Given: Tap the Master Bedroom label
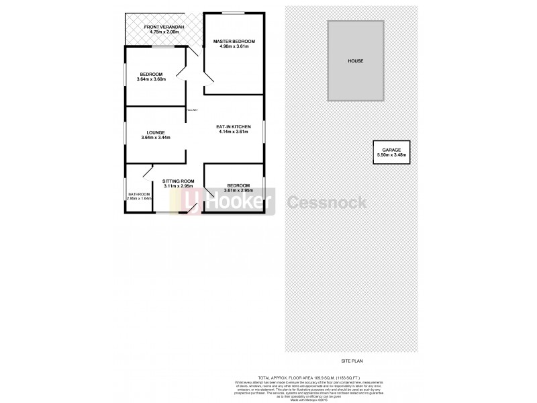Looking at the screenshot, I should click(234, 42).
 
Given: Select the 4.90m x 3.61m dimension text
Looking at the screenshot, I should click(234, 47).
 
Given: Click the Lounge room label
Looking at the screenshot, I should click(156, 132).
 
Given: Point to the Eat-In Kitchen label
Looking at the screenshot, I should click(234, 126).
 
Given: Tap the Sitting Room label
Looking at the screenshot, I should click(179, 181).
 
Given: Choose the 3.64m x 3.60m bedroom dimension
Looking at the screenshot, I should click(151, 79).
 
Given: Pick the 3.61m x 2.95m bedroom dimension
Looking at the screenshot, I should click(238, 190).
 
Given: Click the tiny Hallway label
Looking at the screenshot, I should click(193, 109).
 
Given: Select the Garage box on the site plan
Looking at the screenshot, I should click(391, 152).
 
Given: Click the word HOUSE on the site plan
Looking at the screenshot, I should click(355, 61).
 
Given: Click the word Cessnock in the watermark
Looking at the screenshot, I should click(328, 201).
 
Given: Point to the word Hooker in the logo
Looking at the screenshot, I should click(240, 201).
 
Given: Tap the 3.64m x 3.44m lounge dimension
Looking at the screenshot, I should click(156, 138).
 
